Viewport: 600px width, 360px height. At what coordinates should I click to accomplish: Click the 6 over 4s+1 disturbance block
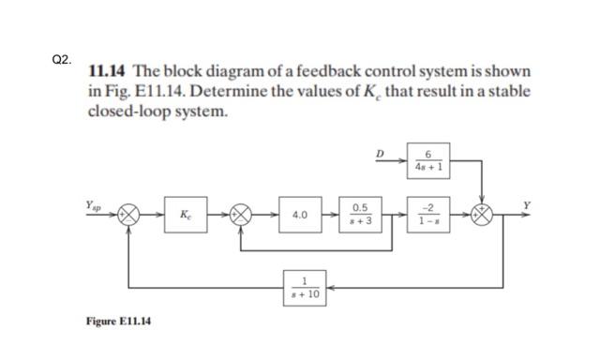tap(427, 161)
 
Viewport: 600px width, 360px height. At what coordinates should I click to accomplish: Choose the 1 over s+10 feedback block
tap(306, 286)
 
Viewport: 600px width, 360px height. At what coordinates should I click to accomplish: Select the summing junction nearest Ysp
tap(128, 214)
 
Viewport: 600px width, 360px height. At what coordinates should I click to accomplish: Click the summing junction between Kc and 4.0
tap(243, 214)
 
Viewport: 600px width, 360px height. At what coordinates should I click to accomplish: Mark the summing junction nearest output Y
tap(483, 214)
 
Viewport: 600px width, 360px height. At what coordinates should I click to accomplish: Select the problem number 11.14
tap(108, 72)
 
